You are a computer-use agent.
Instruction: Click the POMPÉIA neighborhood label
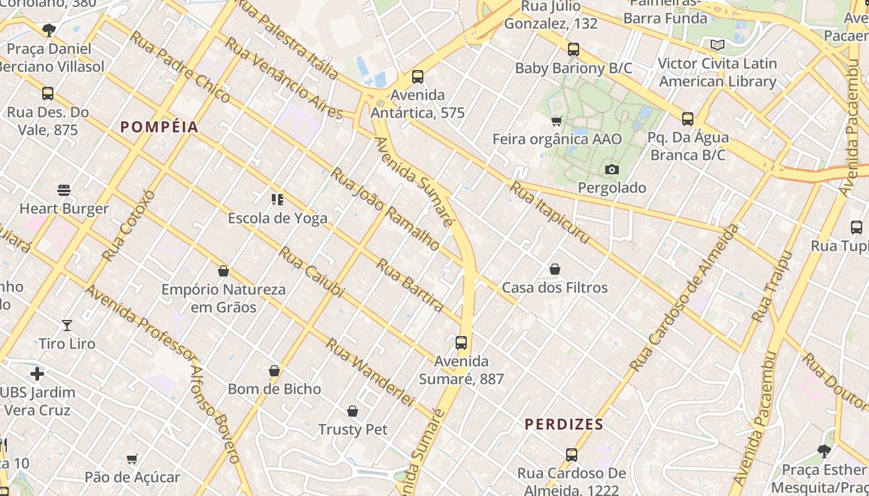click(x=160, y=127)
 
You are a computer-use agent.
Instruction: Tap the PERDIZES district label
click(x=564, y=425)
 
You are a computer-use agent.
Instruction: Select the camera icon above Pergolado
click(x=611, y=169)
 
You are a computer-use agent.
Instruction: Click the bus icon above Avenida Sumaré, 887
click(x=461, y=343)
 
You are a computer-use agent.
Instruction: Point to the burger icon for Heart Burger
click(x=64, y=190)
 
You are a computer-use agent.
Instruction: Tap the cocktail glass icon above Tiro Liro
click(x=67, y=325)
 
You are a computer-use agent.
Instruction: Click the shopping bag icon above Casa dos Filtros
click(x=555, y=269)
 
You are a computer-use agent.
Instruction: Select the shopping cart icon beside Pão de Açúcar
click(x=132, y=459)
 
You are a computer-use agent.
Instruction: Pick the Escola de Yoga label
click(x=277, y=218)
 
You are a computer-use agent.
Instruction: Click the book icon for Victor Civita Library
click(x=717, y=45)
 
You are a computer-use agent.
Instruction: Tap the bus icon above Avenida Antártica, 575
click(x=418, y=77)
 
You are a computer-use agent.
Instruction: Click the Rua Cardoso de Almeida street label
click(x=685, y=298)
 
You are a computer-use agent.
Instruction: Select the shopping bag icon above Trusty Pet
click(x=353, y=411)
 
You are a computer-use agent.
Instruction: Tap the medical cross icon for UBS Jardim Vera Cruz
click(x=37, y=374)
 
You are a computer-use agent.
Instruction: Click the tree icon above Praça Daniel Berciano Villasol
click(x=49, y=30)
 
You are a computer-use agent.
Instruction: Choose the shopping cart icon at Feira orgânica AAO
click(x=557, y=121)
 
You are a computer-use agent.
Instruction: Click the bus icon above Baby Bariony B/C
click(x=573, y=50)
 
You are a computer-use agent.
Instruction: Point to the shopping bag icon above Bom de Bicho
click(x=274, y=371)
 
